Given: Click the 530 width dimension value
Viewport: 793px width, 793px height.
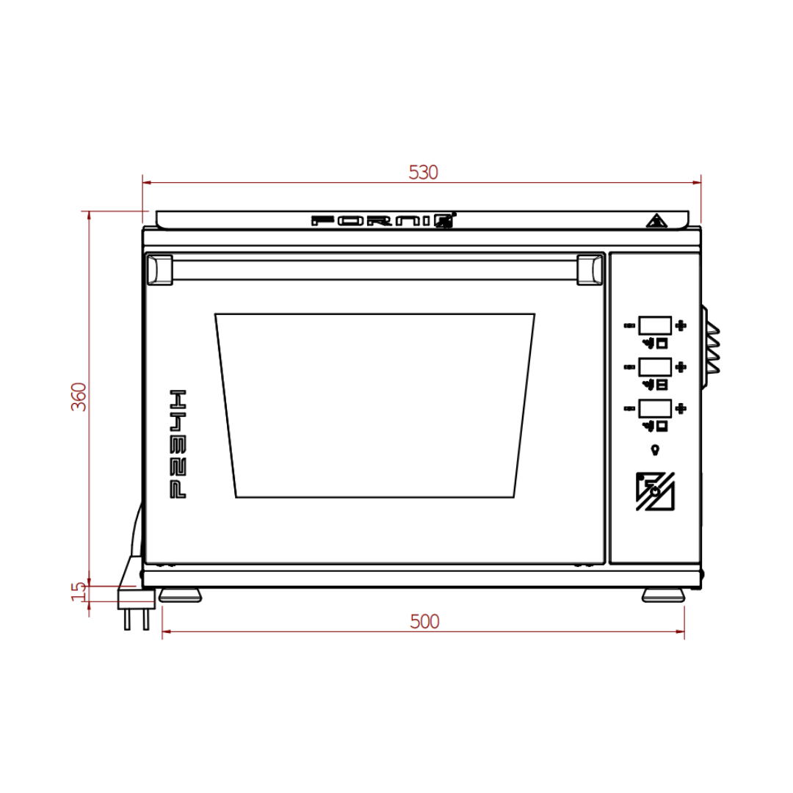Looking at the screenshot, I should pyautogui.click(x=423, y=173).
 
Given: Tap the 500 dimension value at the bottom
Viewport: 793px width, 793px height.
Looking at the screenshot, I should pyautogui.click(x=424, y=622).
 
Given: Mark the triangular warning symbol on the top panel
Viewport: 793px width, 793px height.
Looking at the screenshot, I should pyautogui.click(x=654, y=220).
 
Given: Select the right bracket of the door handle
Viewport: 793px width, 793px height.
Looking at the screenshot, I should pyautogui.click(x=590, y=269).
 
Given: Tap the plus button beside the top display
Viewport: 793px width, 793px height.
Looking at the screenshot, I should pyautogui.click(x=681, y=325).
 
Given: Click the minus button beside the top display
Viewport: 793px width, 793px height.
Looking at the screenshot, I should pyautogui.click(x=629, y=325).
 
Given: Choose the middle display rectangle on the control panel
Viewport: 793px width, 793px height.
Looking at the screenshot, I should pyautogui.click(x=655, y=366).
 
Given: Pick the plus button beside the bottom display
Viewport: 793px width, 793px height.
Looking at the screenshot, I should pyautogui.click(x=681, y=408).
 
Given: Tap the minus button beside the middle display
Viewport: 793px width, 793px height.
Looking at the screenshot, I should pyautogui.click(x=629, y=366).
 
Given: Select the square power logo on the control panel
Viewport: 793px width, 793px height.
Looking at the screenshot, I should pyautogui.click(x=656, y=490).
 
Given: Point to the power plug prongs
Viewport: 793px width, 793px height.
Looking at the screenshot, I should pyautogui.click(x=136, y=620).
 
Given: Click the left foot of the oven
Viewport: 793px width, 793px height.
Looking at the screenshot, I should pyautogui.click(x=180, y=595).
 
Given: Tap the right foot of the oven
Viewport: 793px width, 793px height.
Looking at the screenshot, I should pyautogui.click(x=664, y=595).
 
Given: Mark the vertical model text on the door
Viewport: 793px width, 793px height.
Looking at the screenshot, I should pyautogui.click(x=178, y=443).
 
